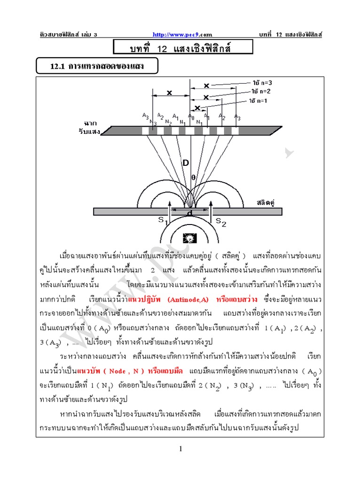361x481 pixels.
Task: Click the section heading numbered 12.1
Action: [x=97, y=67]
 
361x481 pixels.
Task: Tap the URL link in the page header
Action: [x=183, y=34]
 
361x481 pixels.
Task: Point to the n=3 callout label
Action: [x=261, y=83]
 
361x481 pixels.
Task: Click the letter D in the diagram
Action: [x=186, y=163]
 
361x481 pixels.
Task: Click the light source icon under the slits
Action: [x=190, y=239]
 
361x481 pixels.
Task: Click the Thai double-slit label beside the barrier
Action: [x=265, y=202]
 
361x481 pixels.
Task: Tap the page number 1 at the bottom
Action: [x=180, y=450]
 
